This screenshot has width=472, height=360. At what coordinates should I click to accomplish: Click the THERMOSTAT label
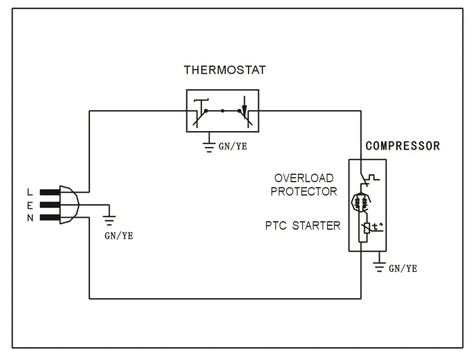225,70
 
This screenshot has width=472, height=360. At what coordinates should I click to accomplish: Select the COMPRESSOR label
403,146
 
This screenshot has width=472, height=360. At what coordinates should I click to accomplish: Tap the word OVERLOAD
304,178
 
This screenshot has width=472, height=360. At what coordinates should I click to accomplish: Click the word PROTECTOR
304,191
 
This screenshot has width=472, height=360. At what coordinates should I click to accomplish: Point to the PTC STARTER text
303,225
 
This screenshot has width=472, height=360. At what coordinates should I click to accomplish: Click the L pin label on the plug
30,192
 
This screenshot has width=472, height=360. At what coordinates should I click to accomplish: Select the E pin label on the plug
30,205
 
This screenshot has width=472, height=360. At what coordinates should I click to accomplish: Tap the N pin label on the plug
30,218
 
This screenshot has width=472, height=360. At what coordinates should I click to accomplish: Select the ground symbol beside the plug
110,218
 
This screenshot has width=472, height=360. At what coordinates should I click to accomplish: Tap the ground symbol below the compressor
379,264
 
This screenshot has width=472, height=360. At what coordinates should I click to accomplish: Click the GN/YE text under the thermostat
232,146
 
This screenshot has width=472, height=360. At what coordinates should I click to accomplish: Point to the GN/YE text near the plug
118,236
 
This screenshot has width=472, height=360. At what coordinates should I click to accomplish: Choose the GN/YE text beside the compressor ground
403,268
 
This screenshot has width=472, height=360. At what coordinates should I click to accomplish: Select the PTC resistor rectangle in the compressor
366,228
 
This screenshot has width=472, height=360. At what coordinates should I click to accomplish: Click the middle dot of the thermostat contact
222,111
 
